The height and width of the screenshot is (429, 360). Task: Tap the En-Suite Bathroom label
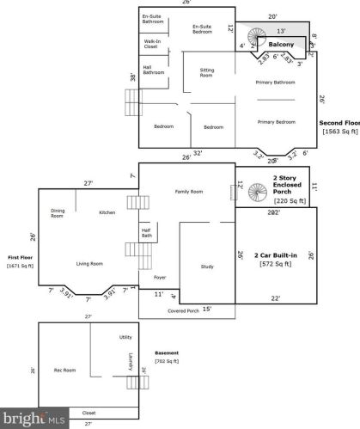coord(153,20)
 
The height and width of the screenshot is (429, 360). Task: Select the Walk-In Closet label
coord(151,46)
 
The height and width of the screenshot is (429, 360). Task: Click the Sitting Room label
coord(206,74)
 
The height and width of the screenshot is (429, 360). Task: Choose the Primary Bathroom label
coord(276,83)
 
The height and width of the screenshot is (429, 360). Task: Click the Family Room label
coord(189,191)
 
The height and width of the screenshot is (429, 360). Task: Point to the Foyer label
coord(159,278)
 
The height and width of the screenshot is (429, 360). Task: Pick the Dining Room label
coord(58,213)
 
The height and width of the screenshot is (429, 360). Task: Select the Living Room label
coord(91,264)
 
